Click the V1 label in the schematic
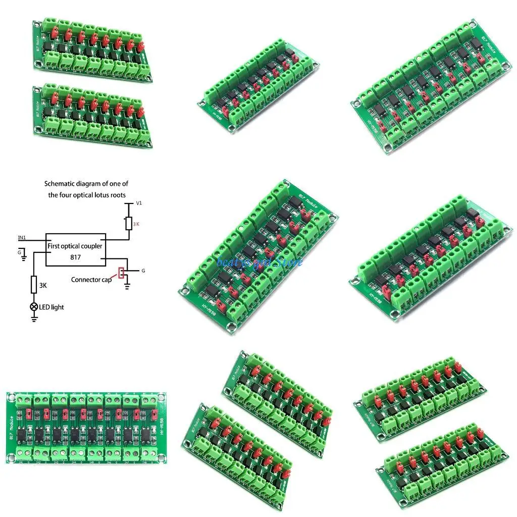click(140, 203)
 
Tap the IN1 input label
click(22, 237)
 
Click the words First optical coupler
click(75, 246)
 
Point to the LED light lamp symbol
click(34, 306)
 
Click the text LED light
click(53, 307)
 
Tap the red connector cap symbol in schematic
click(121, 273)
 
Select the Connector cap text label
click(91, 280)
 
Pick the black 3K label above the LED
click(43, 285)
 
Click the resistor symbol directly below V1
click(129, 223)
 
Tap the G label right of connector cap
click(143, 271)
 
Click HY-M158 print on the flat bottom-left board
click(162, 429)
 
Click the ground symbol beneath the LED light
click(34, 319)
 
